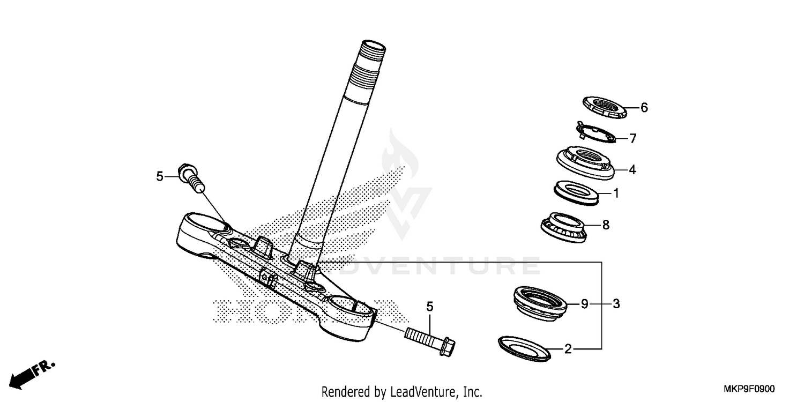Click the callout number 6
click(x=644, y=108)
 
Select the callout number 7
click(x=632, y=139)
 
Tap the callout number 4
click(x=632, y=170)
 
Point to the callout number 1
click(x=616, y=193)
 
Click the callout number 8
click(x=606, y=225)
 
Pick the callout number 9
click(x=585, y=304)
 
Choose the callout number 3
click(x=616, y=304)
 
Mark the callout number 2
click(x=568, y=350)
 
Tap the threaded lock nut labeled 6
click(x=604, y=106)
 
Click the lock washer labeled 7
click(x=594, y=134)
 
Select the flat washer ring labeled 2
click(x=525, y=349)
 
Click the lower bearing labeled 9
click(x=538, y=303)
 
